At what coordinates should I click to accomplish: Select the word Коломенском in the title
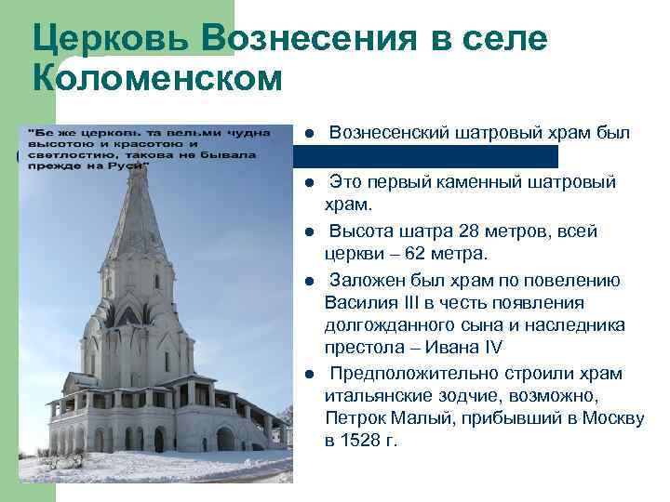click(x=156, y=80)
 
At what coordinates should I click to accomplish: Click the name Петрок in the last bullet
click(x=353, y=417)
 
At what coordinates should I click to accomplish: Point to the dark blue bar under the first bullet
click(x=428, y=156)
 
